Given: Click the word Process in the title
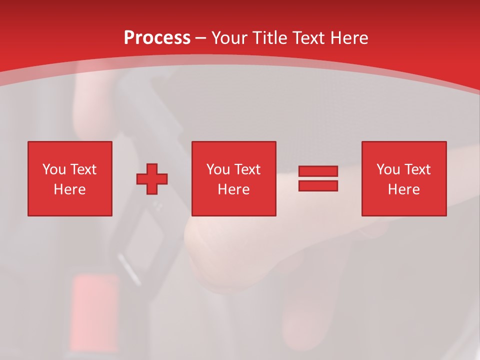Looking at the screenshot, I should pos(157,38).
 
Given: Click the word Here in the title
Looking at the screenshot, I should pos(349,38).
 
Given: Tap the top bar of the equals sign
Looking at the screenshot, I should pos(318,171).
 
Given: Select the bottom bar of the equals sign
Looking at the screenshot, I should pos(318,185).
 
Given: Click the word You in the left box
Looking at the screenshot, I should pos(53,169).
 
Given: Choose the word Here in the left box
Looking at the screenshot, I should pos(69,189).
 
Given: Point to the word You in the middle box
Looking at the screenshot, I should pos(218,169).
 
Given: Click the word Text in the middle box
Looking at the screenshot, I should pos(246,169).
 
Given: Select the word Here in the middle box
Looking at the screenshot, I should pos(233,189).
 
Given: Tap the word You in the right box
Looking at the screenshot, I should pos(388,169).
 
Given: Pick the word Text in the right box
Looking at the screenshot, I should pos(416,169).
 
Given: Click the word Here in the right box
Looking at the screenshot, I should pos(403,189).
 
